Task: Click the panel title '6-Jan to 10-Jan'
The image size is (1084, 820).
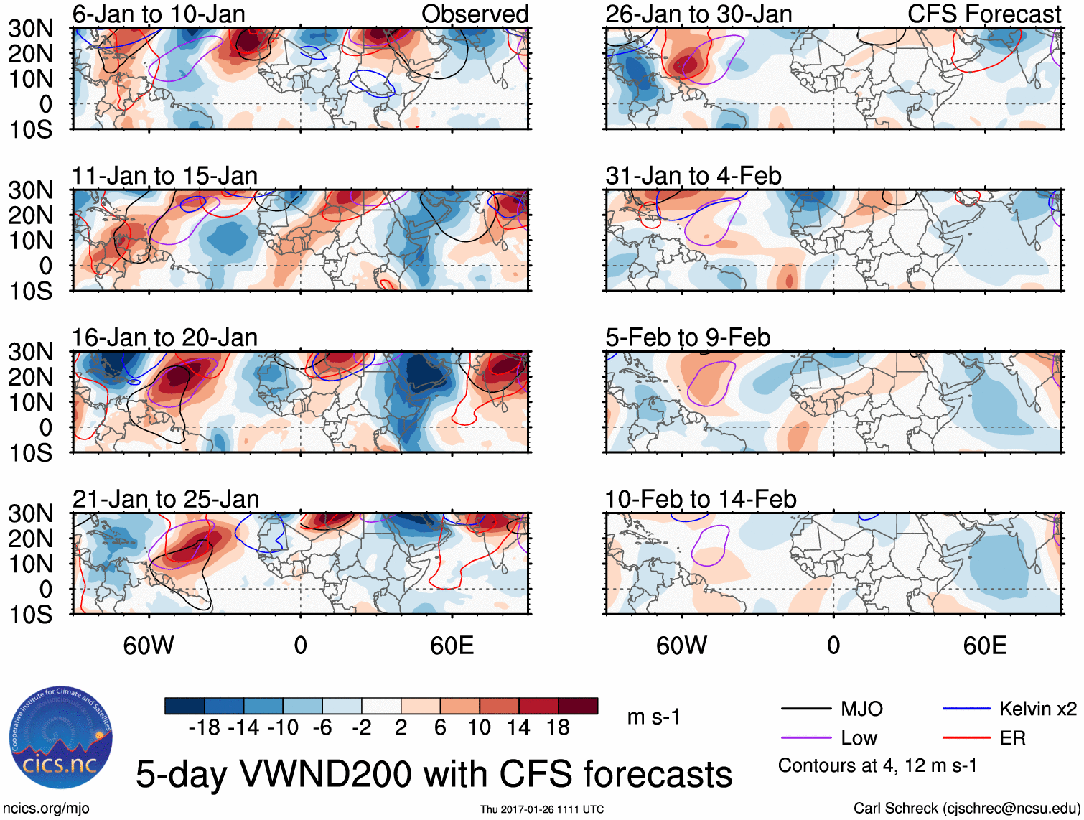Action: (x=159, y=14)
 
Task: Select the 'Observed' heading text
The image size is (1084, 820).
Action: (x=475, y=14)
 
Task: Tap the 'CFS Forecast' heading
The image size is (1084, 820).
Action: (x=984, y=14)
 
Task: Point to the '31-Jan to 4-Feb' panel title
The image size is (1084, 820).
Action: (x=693, y=176)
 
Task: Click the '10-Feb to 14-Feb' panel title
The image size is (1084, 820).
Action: (x=700, y=499)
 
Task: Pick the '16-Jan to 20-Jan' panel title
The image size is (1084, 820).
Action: (x=164, y=337)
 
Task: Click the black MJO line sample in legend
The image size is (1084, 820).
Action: (x=805, y=709)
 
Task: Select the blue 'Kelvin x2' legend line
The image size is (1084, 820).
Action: (x=966, y=709)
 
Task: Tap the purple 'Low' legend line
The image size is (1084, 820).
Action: (x=805, y=737)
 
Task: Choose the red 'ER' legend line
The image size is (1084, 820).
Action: (x=966, y=737)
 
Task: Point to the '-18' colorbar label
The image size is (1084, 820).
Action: (x=205, y=728)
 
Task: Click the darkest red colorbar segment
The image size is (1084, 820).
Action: (x=578, y=706)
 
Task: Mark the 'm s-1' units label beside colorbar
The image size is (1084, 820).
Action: (x=653, y=717)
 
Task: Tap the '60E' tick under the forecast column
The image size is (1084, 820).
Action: (x=984, y=646)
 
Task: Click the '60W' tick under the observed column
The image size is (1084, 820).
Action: (x=149, y=646)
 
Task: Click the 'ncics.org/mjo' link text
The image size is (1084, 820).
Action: (x=46, y=809)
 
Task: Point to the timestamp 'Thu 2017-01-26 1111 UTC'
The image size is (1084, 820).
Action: (x=542, y=809)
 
